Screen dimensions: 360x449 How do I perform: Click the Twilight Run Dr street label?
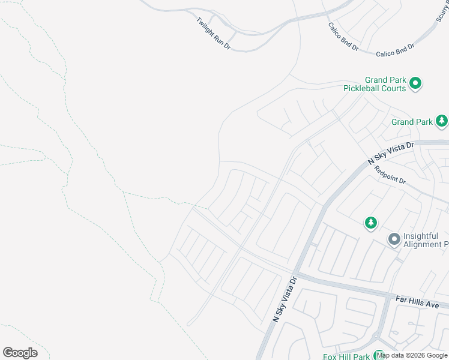coord(213,33)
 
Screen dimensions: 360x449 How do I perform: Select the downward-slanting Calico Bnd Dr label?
coord(343,37)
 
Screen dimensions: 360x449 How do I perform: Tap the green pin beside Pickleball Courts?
coord(415,83)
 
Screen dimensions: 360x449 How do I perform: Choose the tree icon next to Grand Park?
coord(442,121)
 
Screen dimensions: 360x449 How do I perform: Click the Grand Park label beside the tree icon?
coord(412,122)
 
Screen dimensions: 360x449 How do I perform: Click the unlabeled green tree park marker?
coord(371,223)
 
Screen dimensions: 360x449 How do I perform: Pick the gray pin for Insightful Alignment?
coord(394,239)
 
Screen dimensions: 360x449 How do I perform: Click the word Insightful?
coord(421,236)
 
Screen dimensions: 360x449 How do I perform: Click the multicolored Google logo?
coord(20,353)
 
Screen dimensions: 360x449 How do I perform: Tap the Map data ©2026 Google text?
coord(412,355)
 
